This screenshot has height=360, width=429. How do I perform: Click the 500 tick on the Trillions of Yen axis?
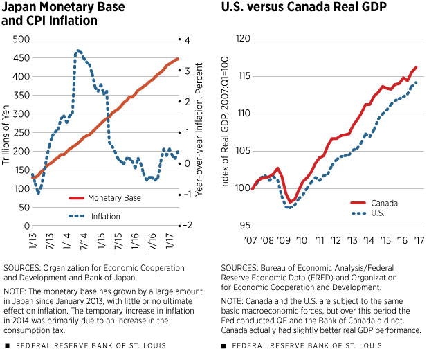point(21,39)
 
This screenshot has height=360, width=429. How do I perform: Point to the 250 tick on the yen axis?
point(21,132)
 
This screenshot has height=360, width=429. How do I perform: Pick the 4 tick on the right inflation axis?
point(183,39)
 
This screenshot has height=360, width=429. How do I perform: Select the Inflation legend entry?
point(106,217)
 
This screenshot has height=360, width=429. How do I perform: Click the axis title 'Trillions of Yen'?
point(6,133)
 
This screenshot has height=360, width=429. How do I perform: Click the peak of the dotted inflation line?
point(78,50)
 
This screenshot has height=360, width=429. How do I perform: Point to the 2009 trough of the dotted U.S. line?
point(290,207)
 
